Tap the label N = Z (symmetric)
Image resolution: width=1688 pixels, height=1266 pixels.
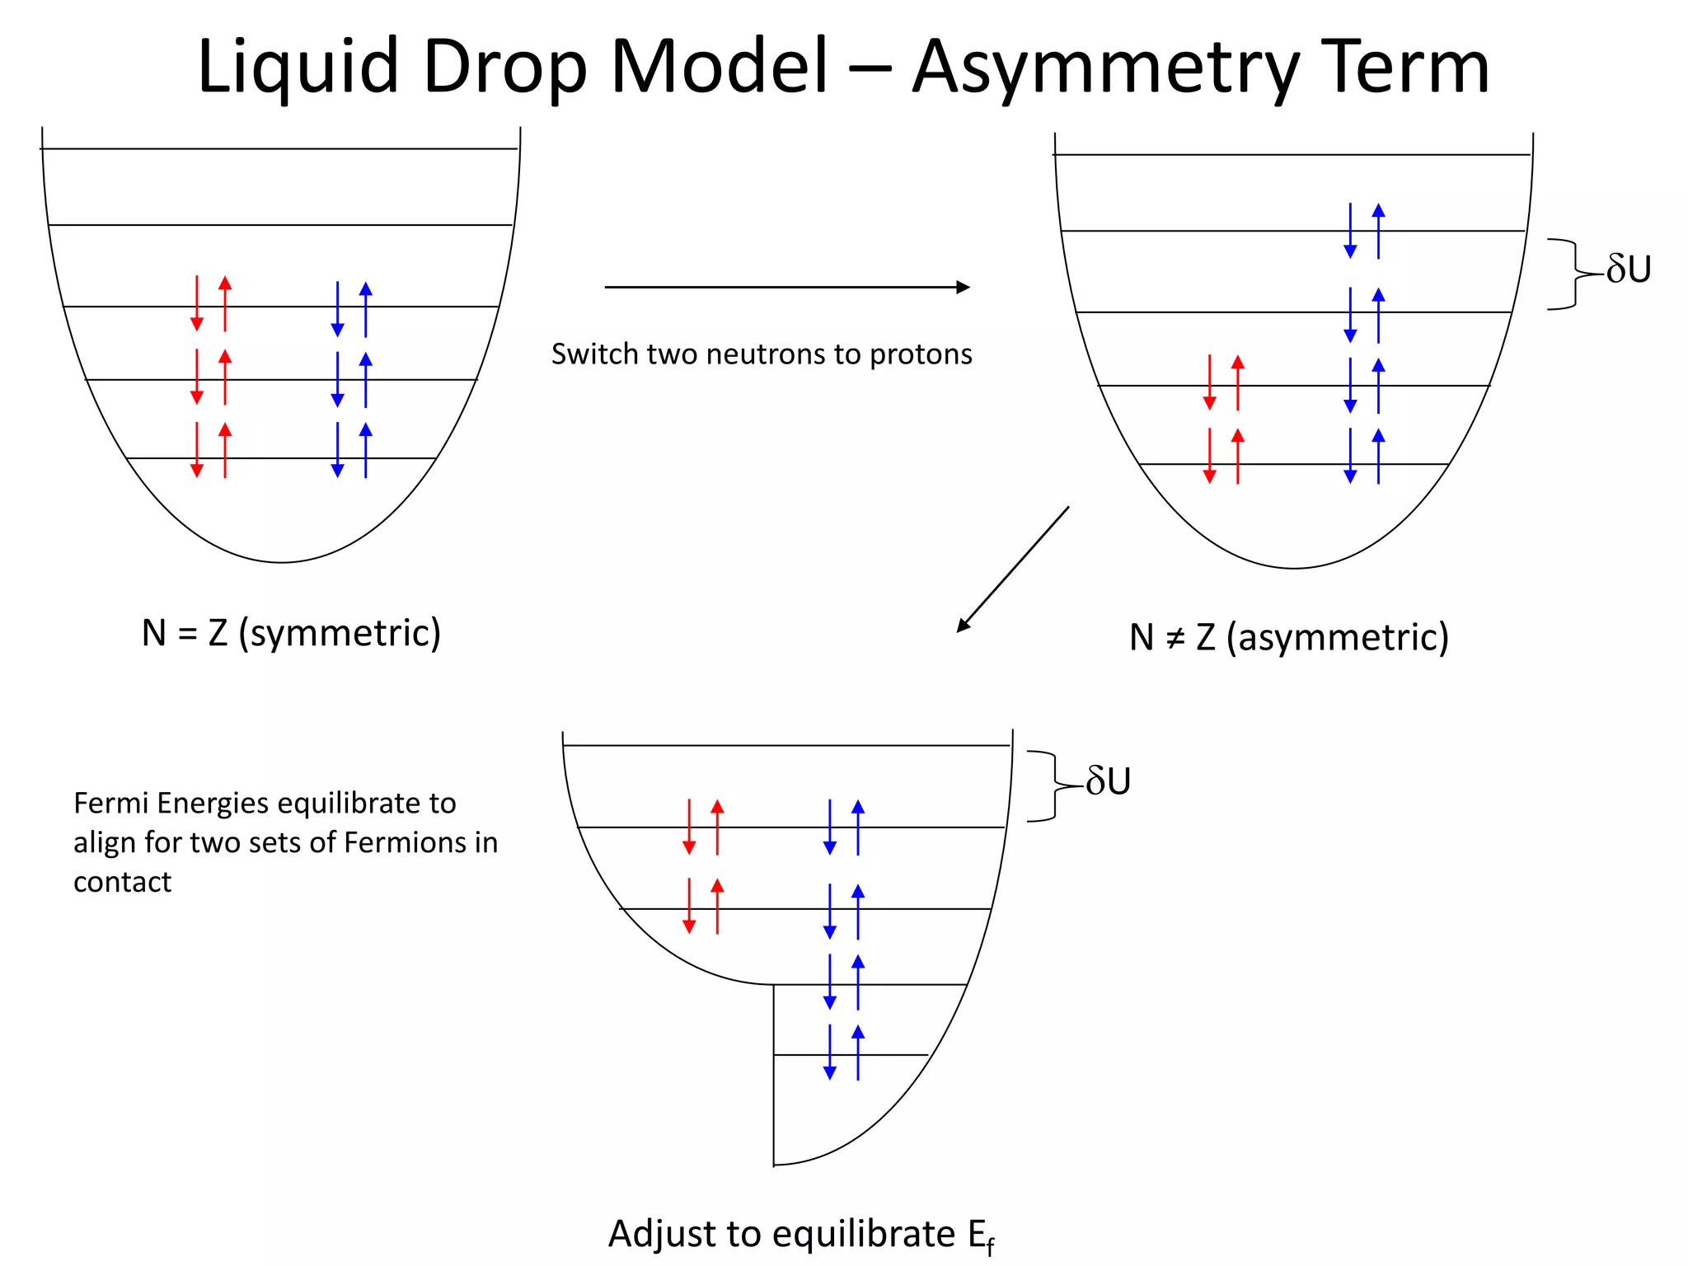point(291,633)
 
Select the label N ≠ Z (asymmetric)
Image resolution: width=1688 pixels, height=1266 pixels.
point(1289,637)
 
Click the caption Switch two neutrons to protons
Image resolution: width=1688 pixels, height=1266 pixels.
point(762,354)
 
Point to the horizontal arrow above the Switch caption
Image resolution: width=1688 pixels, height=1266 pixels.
point(787,287)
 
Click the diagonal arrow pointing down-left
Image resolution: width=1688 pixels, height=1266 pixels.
point(1013,570)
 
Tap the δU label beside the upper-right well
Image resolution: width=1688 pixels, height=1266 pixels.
point(1629,270)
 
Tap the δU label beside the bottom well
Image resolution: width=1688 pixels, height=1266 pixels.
point(1109,781)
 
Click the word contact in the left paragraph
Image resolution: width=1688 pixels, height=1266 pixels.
point(122,882)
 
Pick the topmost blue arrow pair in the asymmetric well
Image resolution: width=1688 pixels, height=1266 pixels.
point(1364,231)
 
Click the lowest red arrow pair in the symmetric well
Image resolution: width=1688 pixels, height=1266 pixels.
point(211,450)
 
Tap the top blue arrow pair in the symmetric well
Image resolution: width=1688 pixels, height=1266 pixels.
point(352,309)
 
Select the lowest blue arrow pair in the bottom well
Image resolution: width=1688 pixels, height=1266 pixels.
point(844,1053)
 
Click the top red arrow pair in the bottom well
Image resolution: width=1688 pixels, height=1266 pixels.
point(703,827)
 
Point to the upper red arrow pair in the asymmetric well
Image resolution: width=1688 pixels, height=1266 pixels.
point(1224,382)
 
